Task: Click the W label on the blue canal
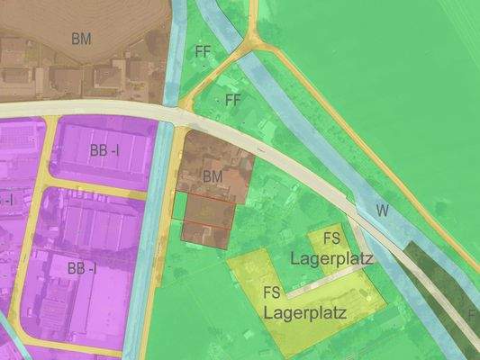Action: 383,211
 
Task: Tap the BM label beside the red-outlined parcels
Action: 213,175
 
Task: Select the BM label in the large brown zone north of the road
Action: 82,39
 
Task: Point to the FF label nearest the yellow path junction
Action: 203,52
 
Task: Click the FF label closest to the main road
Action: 233,99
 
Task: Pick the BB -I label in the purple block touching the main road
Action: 104,150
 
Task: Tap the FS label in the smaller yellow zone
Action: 331,238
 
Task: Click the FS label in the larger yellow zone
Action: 271,292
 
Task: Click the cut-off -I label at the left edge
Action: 5,199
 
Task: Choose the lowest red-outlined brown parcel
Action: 204,233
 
